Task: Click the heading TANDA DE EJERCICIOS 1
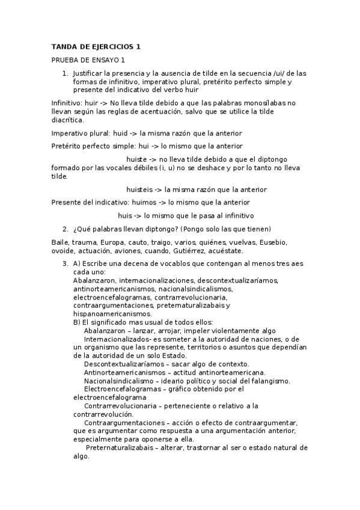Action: pyautogui.click(x=96, y=47)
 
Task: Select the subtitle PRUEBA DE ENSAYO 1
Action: pyautogui.click(x=88, y=60)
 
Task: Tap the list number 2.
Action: pyautogui.click(x=65, y=229)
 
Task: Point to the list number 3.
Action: pyautogui.click(x=65, y=264)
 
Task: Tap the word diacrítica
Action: pyautogui.click(x=67, y=120)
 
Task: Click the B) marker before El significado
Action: pyautogui.click(x=76, y=322)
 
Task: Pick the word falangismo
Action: pyautogui.click(x=269, y=381)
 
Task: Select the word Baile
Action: pyautogui.click(x=61, y=242)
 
